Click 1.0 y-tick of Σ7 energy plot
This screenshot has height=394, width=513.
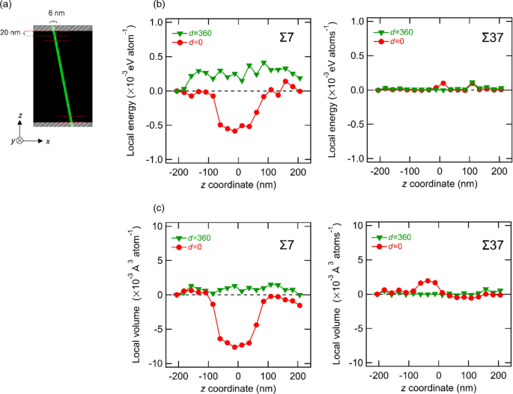pos(156,22)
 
